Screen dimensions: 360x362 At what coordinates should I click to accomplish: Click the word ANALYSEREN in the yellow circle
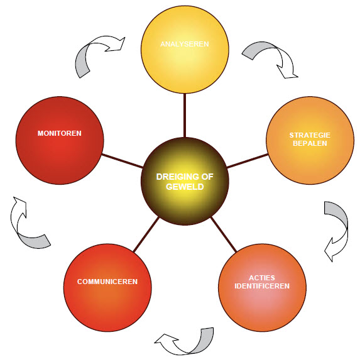185,44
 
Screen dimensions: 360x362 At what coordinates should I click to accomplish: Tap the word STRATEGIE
310,135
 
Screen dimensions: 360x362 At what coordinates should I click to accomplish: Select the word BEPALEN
310,143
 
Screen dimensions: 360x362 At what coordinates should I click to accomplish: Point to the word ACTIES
262,278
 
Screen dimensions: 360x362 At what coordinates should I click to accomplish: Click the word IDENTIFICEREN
262,286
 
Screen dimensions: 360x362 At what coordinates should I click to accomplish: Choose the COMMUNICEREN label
107,282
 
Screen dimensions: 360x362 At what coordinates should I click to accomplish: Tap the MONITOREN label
60,133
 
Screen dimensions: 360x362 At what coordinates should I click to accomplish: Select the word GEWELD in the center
185,187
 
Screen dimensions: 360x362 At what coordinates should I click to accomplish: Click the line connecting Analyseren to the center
185,115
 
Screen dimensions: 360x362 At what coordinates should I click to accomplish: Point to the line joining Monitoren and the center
123,161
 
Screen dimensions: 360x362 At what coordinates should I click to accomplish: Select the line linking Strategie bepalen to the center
248,161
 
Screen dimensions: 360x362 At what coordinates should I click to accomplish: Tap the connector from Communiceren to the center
146,234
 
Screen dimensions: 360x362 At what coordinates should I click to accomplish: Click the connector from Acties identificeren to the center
224,234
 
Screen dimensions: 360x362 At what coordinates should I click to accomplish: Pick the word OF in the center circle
207,177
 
